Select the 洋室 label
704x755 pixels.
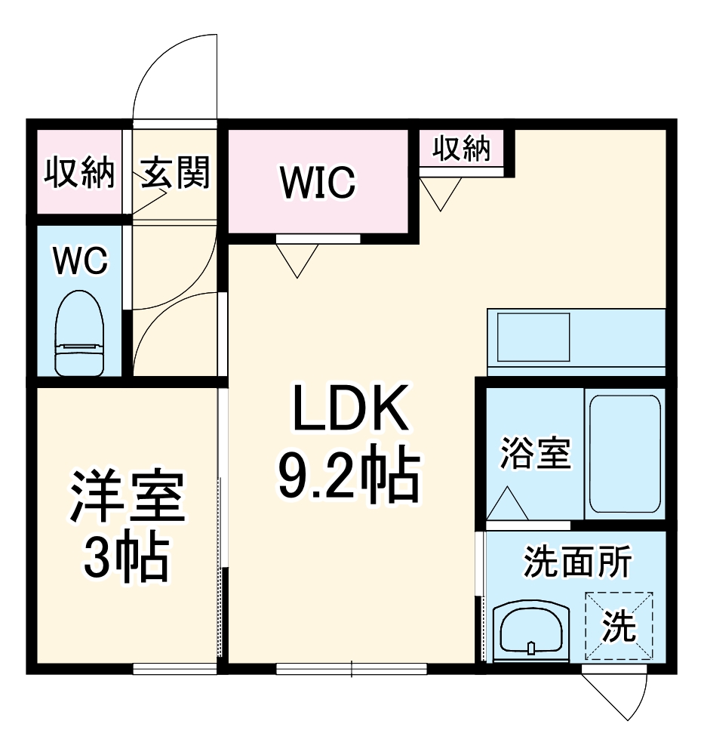(x=127, y=498)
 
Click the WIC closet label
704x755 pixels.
(x=318, y=182)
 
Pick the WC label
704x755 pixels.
(x=79, y=261)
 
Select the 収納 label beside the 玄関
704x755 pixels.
(x=78, y=174)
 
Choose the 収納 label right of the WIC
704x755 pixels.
(x=461, y=149)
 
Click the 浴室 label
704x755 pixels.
(x=536, y=455)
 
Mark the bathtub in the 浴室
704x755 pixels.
(x=624, y=453)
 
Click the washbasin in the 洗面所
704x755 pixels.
(x=528, y=628)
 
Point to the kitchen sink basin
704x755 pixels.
(x=533, y=336)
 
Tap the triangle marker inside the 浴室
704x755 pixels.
(x=507, y=503)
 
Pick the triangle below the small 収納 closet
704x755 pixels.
(x=441, y=193)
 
